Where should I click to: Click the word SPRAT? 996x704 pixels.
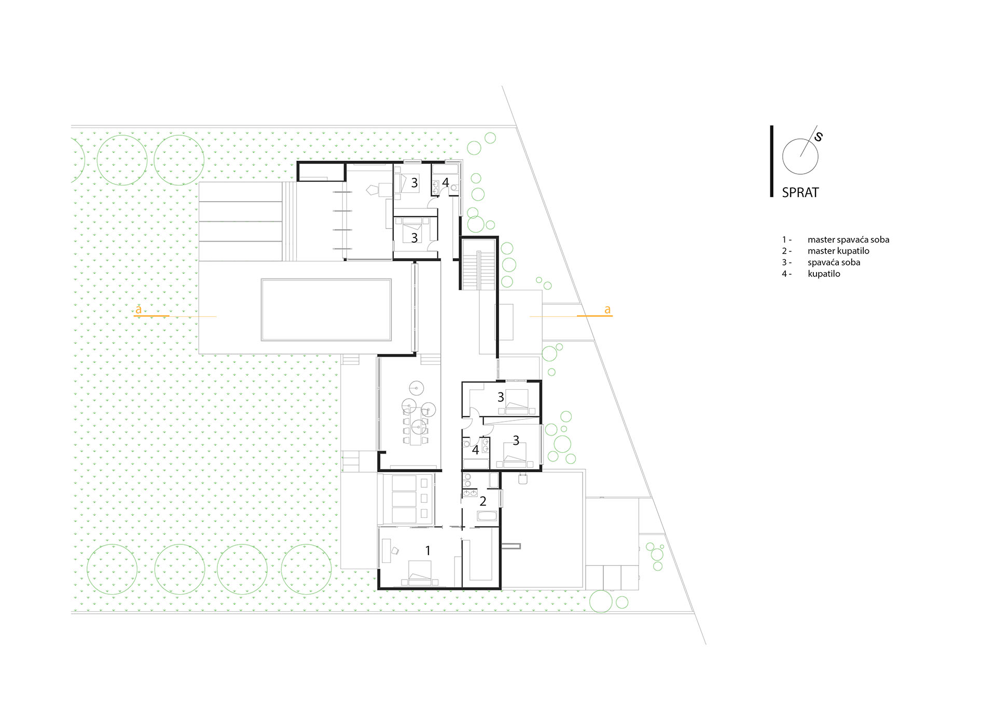800,192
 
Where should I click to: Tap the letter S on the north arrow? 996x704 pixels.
818,136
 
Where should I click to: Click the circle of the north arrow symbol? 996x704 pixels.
800,156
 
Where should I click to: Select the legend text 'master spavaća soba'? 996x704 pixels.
848,240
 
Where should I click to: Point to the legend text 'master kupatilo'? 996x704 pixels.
838,251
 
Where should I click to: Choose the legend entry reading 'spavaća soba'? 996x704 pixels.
834,262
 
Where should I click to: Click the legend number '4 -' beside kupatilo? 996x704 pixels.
786,274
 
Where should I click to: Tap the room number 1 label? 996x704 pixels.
428,551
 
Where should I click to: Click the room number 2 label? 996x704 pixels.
483,501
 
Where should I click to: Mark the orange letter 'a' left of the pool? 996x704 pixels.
139,310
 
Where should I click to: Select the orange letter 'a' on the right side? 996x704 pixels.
607,310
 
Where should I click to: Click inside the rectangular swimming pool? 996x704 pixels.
326,309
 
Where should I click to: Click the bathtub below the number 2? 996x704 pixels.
487,516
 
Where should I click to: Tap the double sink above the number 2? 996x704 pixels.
470,492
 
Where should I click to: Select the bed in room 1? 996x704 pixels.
420,573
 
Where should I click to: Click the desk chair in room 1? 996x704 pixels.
395,551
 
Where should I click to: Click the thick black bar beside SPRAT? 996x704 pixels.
771,161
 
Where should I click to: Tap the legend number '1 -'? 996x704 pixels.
786,240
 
